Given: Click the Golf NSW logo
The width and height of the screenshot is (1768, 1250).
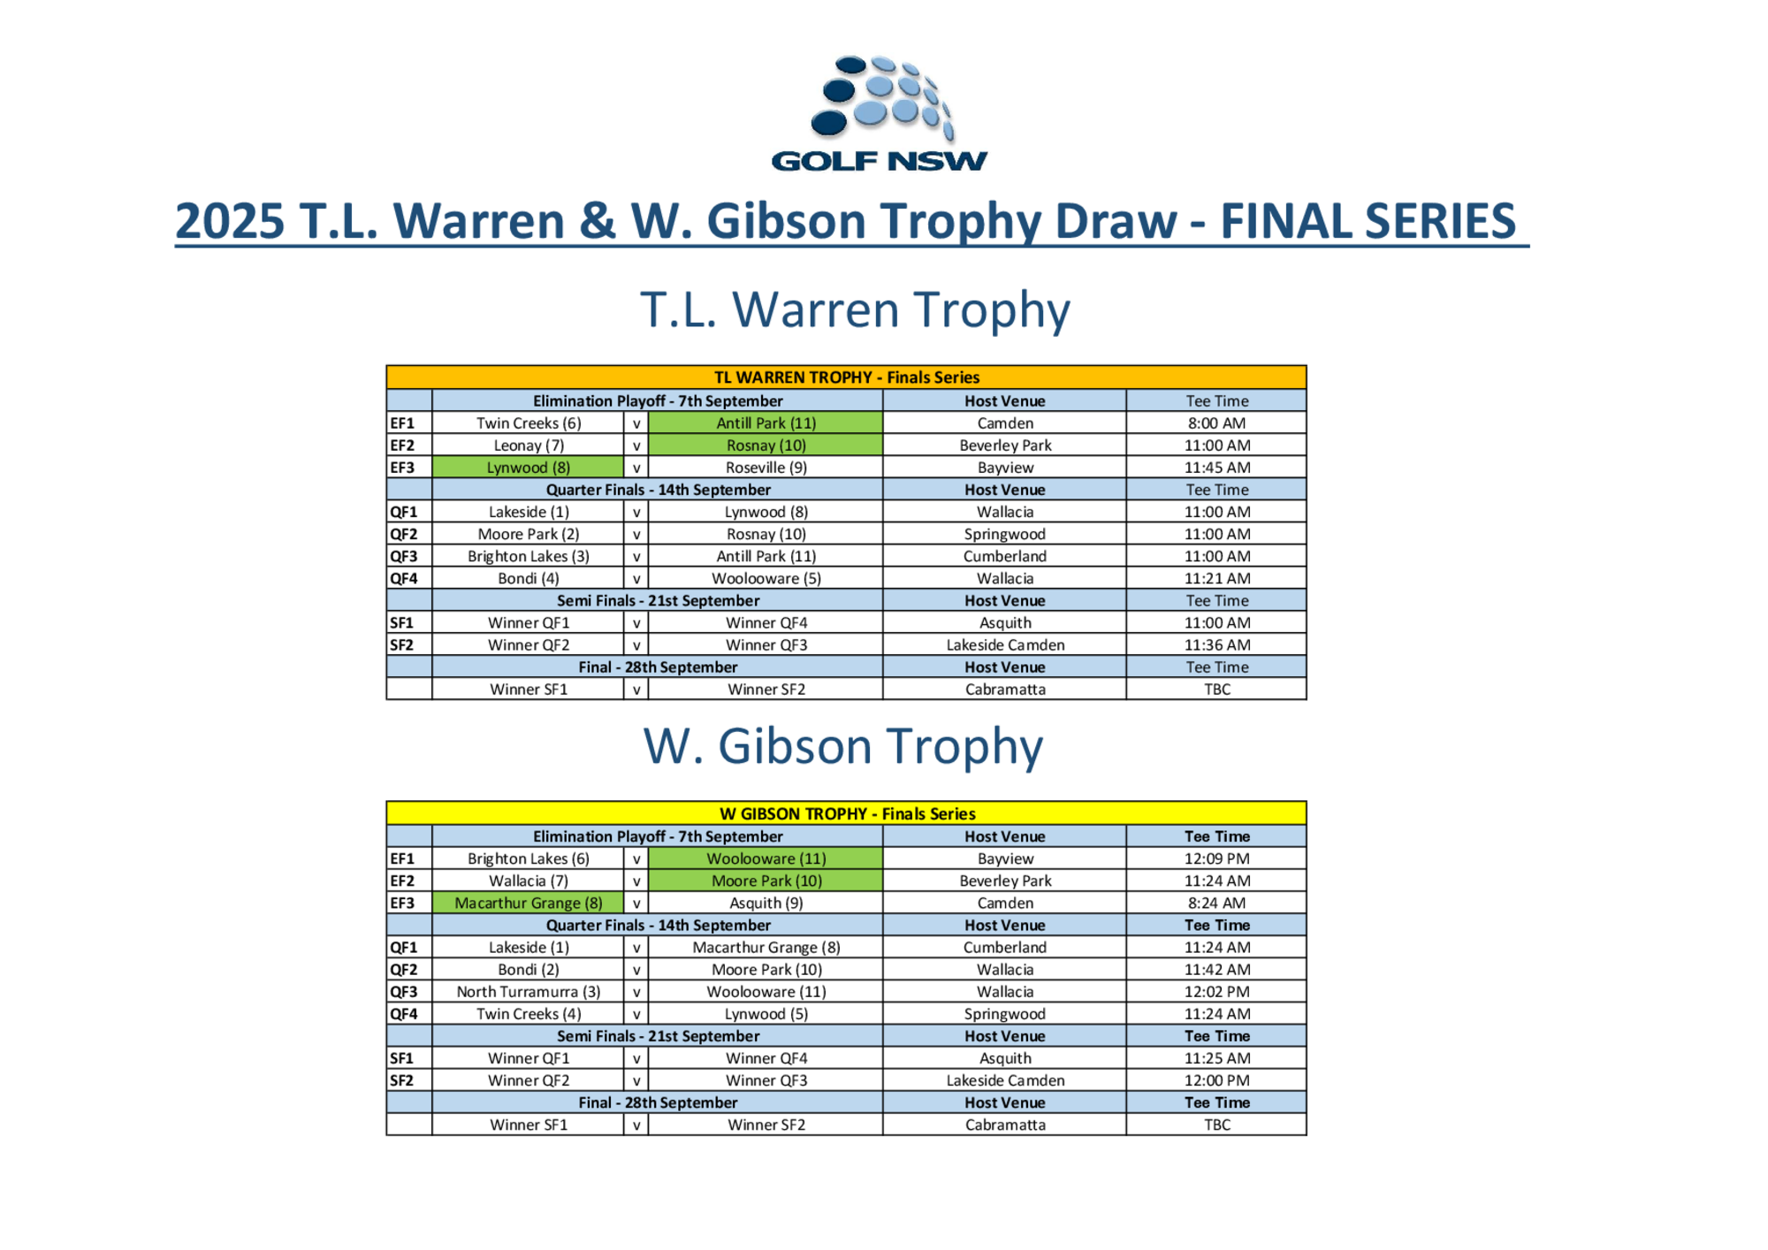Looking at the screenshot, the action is (879, 113).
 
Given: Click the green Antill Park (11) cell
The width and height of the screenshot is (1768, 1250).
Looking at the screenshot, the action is (766, 423).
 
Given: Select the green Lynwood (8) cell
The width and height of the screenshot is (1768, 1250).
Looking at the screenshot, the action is (528, 468).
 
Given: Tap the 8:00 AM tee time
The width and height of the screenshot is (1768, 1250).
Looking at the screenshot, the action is (1216, 423).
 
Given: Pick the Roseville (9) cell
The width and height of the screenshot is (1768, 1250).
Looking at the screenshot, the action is (766, 468).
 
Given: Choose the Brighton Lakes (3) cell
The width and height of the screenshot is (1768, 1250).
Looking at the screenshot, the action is (528, 556).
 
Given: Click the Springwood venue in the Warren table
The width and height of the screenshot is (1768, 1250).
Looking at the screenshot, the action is (1004, 534).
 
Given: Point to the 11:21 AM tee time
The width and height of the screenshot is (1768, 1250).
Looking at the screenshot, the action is (1216, 578).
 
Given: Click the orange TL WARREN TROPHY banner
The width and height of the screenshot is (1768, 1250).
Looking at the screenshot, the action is (846, 377).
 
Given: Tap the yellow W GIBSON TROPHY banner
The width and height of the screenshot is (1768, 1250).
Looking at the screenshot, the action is (846, 813).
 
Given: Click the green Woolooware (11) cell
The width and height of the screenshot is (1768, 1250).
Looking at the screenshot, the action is (766, 858).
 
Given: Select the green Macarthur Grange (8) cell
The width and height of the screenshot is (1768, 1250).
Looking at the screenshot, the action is (528, 903).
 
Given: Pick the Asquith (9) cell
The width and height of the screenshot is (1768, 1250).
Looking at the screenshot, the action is (766, 903).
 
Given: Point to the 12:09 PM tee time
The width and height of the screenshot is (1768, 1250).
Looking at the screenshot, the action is (1216, 858).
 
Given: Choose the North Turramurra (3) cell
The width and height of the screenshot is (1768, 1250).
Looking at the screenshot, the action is (528, 992).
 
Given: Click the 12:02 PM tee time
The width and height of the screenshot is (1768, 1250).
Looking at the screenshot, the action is (1216, 992).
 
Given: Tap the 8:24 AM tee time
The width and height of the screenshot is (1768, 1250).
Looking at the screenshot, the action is (1216, 903).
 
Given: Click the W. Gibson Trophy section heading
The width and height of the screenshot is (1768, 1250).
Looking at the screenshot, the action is (842, 747).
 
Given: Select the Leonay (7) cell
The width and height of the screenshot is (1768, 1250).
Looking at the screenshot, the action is (528, 446).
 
